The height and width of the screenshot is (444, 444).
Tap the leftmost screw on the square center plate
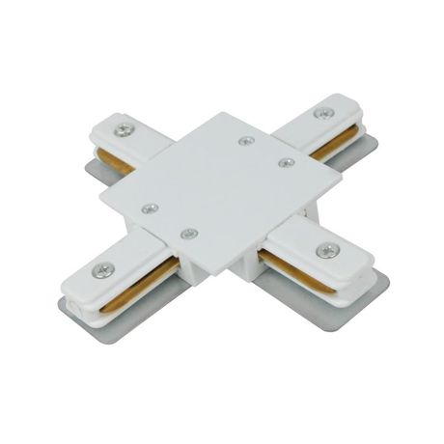pyautogui.click(x=149, y=208)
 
